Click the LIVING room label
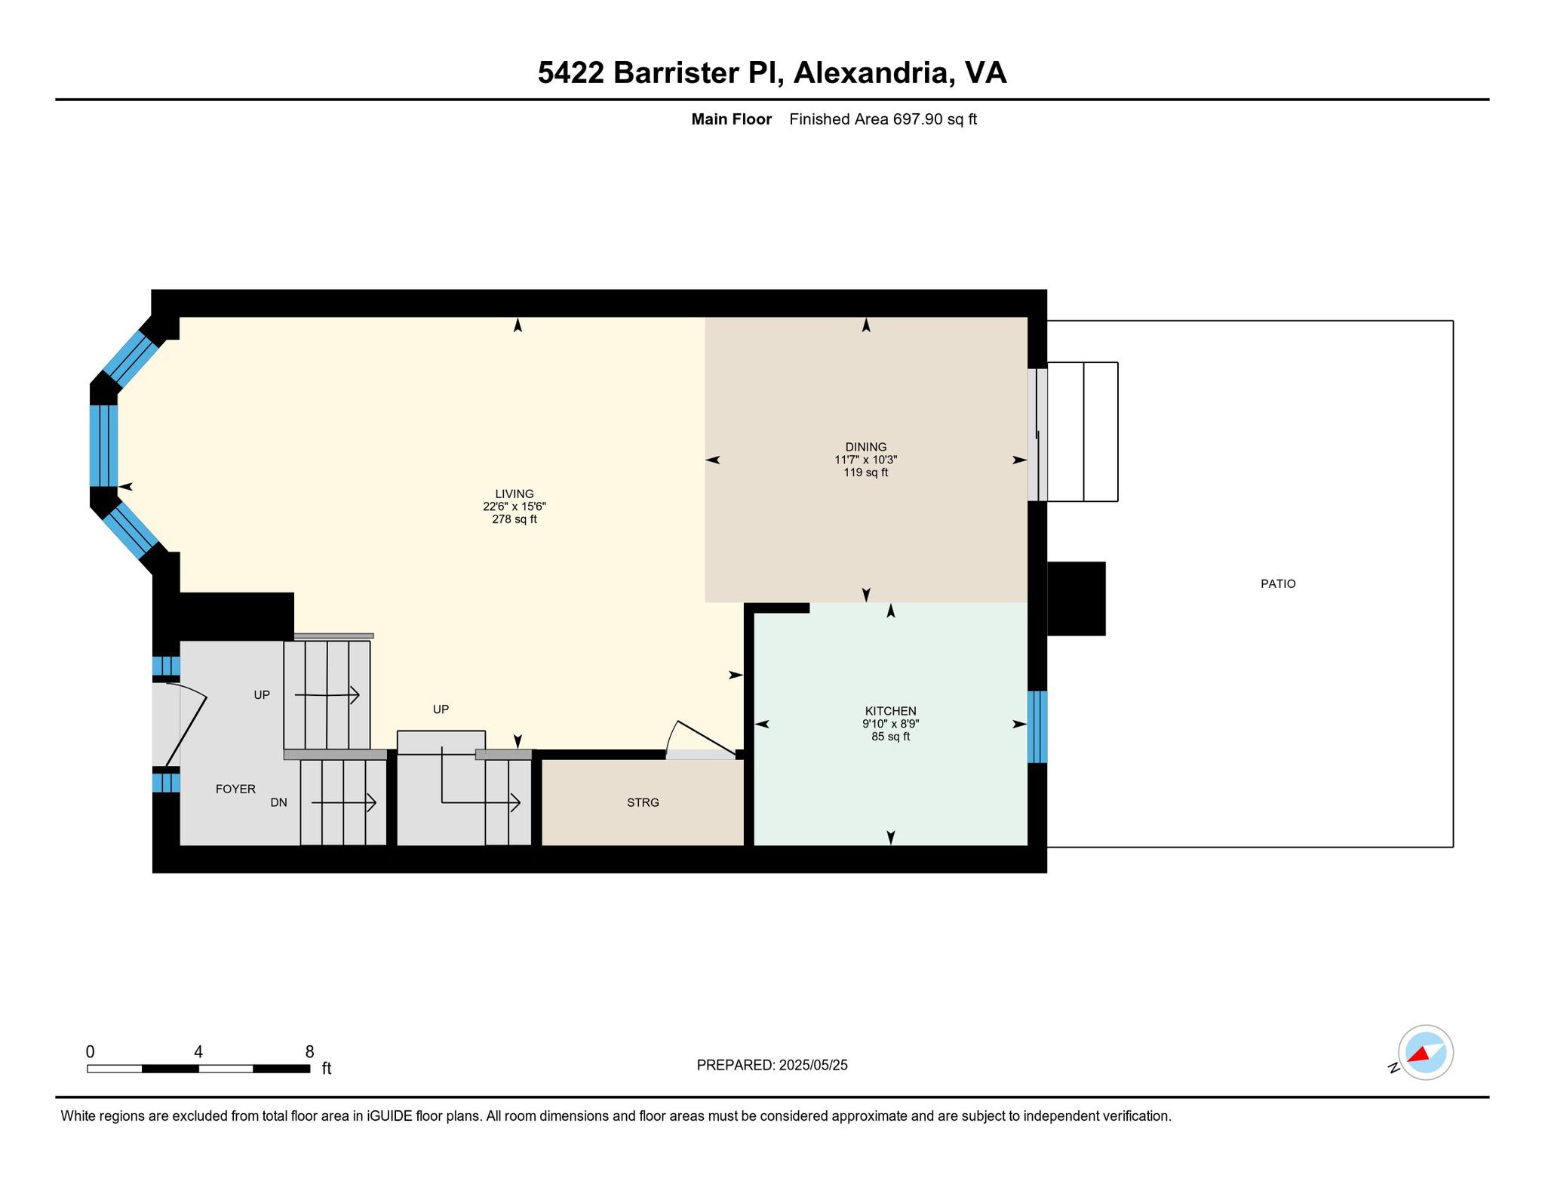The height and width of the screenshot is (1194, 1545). coord(514,494)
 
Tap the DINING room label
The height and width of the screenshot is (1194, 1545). coord(865,447)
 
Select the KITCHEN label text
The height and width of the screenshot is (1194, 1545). coord(890,711)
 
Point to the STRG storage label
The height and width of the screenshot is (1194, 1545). coord(643,802)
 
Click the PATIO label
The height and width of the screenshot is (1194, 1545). coord(1278,583)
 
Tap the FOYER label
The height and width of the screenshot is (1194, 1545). coord(235,789)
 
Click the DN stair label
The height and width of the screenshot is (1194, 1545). coord(278,802)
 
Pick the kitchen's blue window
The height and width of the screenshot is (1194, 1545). coord(1037,726)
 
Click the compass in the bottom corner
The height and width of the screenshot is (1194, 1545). coord(1425,1052)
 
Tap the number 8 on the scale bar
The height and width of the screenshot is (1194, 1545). coord(309,1051)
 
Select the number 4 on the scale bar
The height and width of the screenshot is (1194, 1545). coord(198,1051)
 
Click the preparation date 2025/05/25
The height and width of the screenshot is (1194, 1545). coord(813,1065)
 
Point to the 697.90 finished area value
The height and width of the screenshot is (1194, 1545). coord(918,118)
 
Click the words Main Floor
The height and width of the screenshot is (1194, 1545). coord(731,118)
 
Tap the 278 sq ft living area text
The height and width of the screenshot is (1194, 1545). coord(514,519)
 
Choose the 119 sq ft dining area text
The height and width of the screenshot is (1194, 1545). coord(865,472)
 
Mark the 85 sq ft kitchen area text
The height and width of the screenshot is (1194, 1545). coord(890,737)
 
